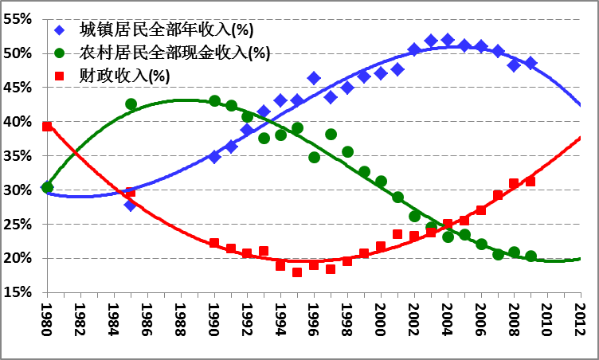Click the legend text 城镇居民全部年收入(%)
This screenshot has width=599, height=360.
pyautogui.click(x=166, y=31)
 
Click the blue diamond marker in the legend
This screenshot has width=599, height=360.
pyautogui.click(x=60, y=31)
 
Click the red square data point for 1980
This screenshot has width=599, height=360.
pyautogui.click(x=47, y=126)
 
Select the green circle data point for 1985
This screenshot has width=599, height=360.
pyautogui.click(x=131, y=104)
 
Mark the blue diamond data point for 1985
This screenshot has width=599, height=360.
pyautogui.click(x=131, y=205)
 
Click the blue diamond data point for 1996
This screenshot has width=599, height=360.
pyautogui.click(x=314, y=78)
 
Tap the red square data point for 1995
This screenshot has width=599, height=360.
pyautogui.click(x=297, y=272)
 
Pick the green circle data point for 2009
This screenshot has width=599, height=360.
pyautogui.click(x=530, y=256)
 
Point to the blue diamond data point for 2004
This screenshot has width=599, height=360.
pyautogui.click(x=448, y=40)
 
